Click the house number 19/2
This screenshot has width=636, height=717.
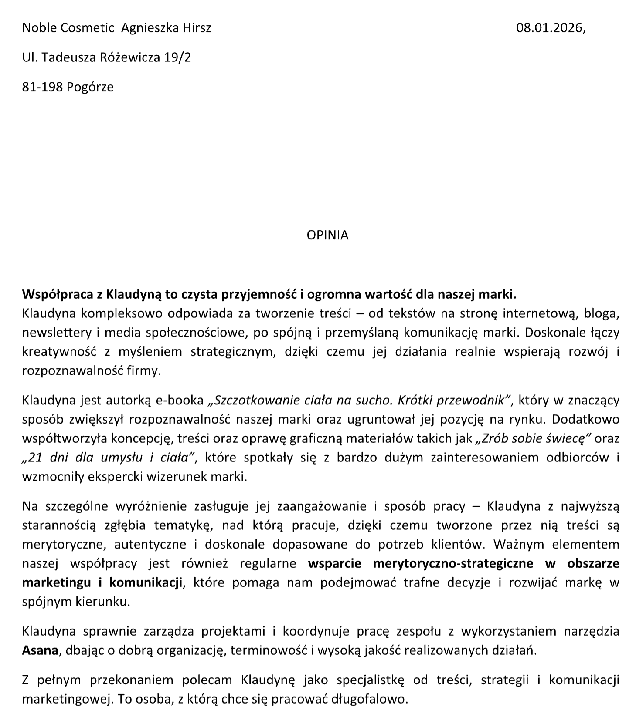pos(177,57)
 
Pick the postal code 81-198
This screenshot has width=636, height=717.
pos(43,87)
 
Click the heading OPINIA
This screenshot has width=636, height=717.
pos(327,235)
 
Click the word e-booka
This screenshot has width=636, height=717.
pos(180,400)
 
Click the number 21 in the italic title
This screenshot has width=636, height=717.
pos(35,458)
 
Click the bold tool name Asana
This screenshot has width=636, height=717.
pos(40,651)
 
